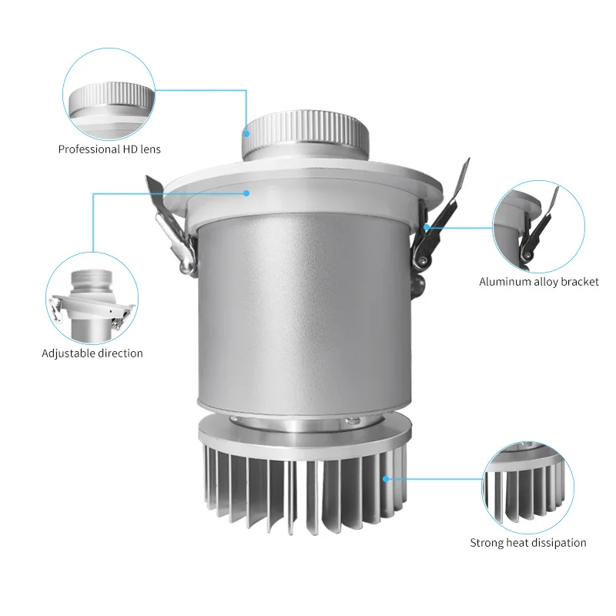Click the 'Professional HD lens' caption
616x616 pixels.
click(x=109, y=149)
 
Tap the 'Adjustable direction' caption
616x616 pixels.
click(x=92, y=353)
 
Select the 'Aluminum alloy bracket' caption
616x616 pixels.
click(x=539, y=282)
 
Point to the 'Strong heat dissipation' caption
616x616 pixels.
click(x=528, y=543)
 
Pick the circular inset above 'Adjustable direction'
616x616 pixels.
click(x=92, y=296)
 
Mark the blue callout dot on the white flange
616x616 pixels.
click(x=247, y=193)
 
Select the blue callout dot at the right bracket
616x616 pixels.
click(x=426, y=227)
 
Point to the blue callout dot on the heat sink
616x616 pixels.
click(x=385, y=478)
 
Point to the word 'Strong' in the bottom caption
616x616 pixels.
click(x=487, y=543)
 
